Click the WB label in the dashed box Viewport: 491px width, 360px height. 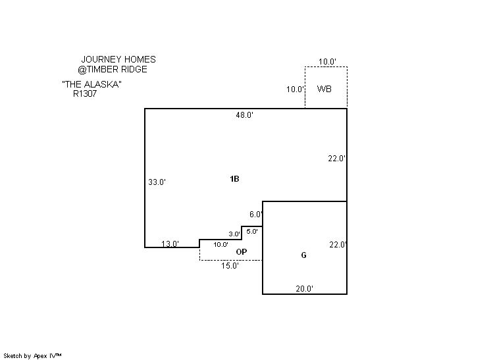[x=324, y=89]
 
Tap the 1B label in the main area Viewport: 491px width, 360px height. [x=234, y=179]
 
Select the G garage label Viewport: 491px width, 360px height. [x=303, y=255]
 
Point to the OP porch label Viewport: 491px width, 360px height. [x=242, y=251]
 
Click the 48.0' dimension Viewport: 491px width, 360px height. [x=245, y=115]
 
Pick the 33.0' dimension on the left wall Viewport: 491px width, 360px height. [x=157, y=182]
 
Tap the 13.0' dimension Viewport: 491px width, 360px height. [x=170, y=244]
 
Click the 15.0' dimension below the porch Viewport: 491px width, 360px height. [x=230, y=266]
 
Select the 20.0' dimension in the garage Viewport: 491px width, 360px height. [x=304, y=289]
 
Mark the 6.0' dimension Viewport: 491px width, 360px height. [x=256, y=215]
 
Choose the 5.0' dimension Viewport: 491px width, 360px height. [x=252, y=232]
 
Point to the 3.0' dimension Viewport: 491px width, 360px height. [x=234, y=234]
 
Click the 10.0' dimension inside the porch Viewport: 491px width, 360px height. [x=220, y=244]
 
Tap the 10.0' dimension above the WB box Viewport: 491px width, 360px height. [x=327, y=62]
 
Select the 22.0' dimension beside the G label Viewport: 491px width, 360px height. [x=338, y=244]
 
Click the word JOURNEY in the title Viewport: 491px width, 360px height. [x=101, y=59]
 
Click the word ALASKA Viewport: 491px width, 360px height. [x=102, y=84]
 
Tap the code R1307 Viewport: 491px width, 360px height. [x=85, y=93]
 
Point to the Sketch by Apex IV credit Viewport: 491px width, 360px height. [x=32, y=356]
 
